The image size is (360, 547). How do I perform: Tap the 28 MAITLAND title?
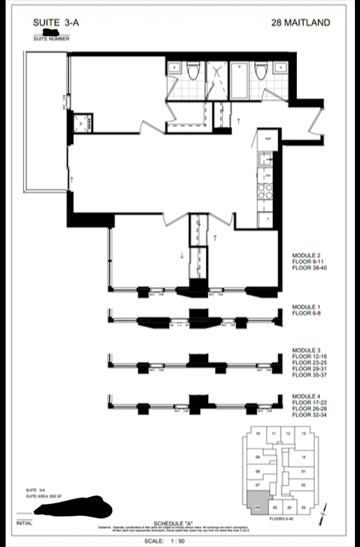[300, 23]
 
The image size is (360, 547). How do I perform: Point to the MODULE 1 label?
[306, 307]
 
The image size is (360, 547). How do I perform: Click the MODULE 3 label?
[306, 350]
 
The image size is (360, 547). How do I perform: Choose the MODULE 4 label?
[306, 398]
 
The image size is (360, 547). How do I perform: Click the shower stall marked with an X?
[215, 80]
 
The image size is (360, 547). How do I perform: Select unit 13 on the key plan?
[303, 433]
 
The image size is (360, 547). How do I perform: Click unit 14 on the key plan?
[303, 457]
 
